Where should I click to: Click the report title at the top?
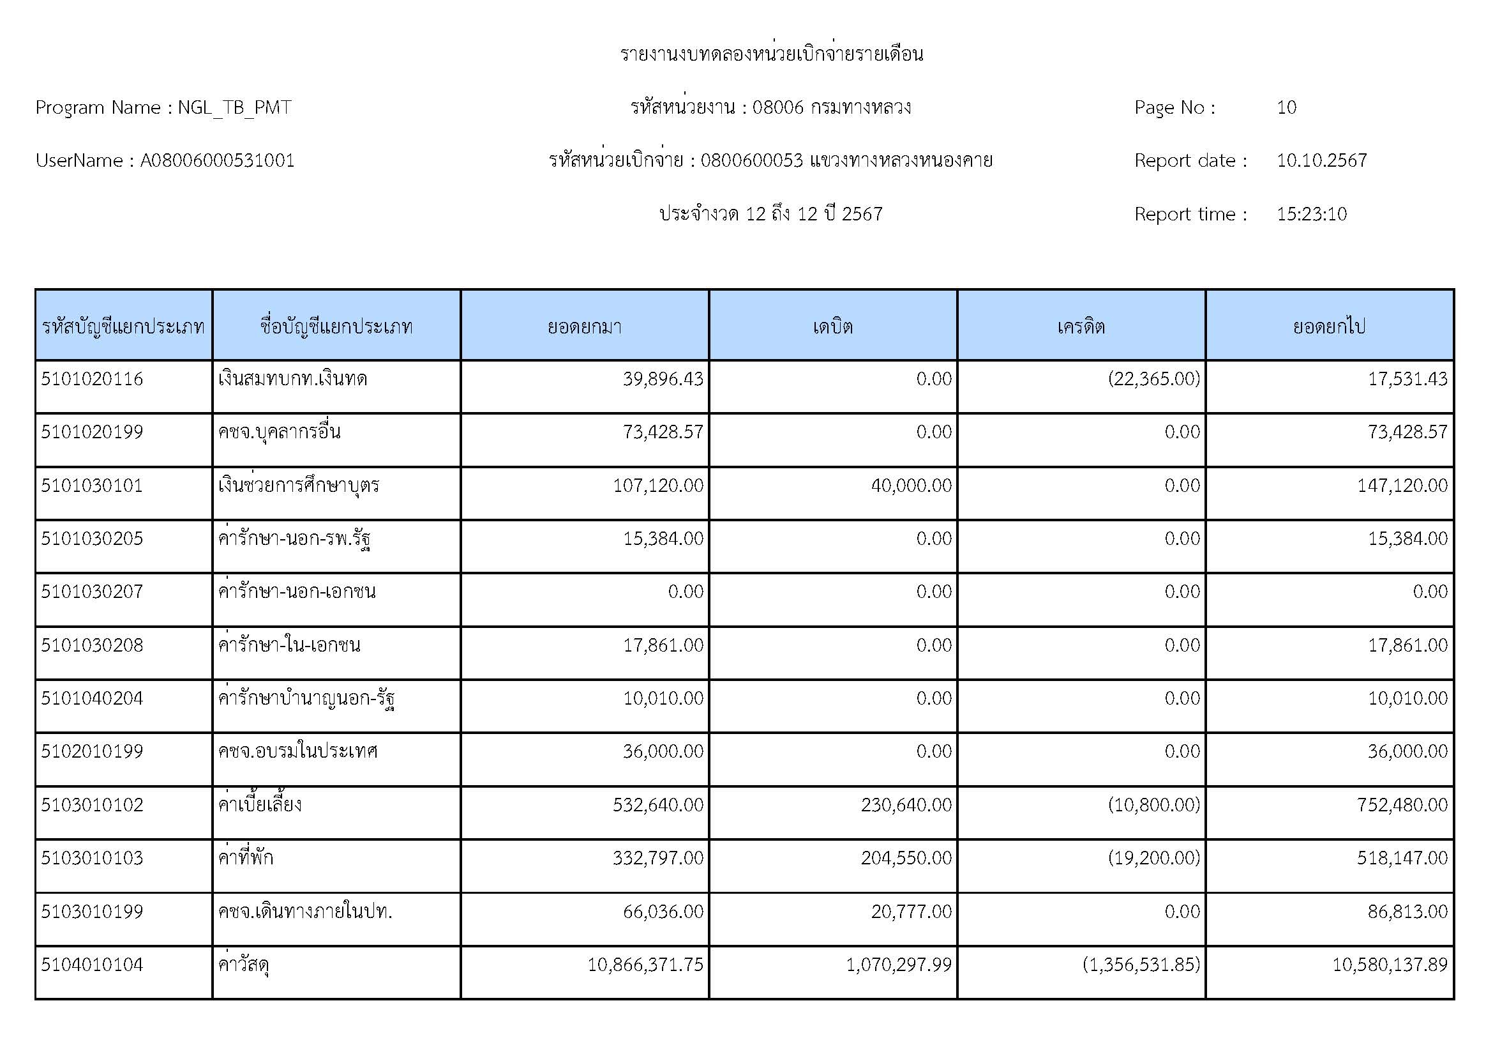(771, 54)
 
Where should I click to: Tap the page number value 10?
(1286, 107)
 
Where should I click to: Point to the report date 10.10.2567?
(1321, 161)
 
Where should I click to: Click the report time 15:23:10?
(1311, 214)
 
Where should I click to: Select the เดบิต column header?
(832, 326)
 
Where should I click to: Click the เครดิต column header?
(1081, 326)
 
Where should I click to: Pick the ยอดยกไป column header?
(1329, 326)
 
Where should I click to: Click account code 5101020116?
(92, 379)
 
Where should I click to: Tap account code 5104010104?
(92, 964)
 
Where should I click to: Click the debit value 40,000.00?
(911, 486)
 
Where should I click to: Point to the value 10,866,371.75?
(645, 964)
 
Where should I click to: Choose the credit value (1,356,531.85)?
(1141, 964)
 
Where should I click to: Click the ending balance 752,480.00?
(1402, 805)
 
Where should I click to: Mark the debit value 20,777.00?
(911, 912)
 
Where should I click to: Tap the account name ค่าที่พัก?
(246, 858)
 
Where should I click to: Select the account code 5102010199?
(92, 751)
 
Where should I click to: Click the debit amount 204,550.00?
(906, 858)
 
